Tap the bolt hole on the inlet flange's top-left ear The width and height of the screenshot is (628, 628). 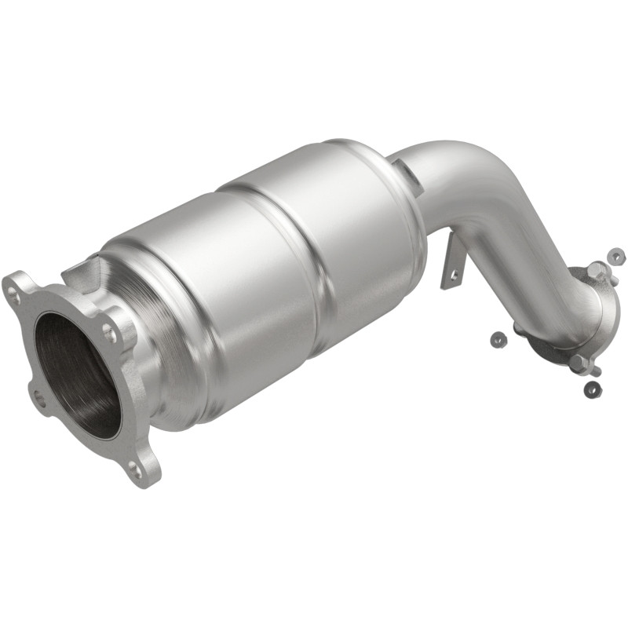click(x=15, y=295)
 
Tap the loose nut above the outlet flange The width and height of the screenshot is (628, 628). click(x=617, y=256)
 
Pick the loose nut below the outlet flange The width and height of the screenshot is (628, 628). click(x=593, y=388)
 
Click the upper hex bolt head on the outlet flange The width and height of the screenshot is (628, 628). click(x=596, y=272)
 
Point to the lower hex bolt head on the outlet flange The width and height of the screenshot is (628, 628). click(x=579, y=362)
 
